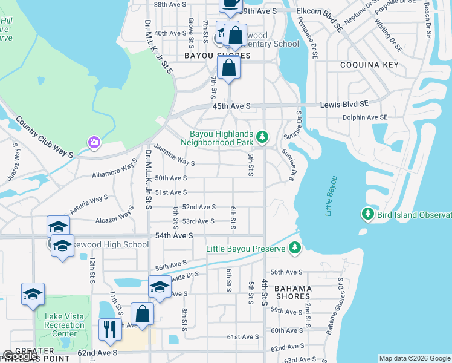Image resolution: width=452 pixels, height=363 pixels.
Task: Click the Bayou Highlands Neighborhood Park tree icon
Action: tap(262, 137)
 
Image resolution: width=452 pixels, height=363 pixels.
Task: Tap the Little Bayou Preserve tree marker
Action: tap(294, 247)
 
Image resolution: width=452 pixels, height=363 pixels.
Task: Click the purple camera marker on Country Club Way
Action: tap(94, 143)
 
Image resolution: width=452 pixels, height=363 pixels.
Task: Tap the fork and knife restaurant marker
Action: tap(109, 329)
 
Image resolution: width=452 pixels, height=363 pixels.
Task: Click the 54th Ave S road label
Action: tap(174, 235)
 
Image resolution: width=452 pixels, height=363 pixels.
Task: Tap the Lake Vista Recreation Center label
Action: tap(65, 325)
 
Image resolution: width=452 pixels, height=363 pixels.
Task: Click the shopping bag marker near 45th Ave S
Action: tap(228, 68)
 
